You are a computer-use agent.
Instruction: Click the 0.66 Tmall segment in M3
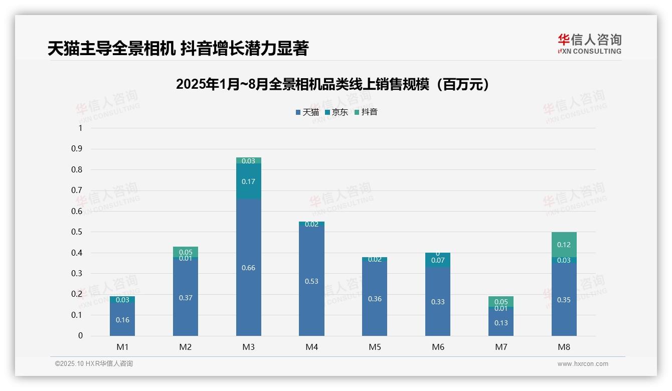coord(248,267)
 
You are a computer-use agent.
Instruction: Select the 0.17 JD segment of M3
coord(248,181)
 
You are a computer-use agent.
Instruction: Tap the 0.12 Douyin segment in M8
coord(564,245)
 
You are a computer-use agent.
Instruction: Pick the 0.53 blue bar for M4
coord(311,281)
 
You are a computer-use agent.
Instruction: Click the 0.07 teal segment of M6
coord(438,261)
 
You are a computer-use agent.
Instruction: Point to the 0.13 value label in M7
coord(501,323)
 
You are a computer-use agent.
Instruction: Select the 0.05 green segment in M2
coord(186,252)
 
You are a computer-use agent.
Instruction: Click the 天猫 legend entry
coord(307,112)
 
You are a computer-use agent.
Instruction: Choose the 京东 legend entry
coord(336,112)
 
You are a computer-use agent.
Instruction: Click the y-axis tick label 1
coord(80,128)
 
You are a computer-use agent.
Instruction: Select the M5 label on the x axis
coord(375,347)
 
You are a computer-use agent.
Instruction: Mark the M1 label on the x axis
coord(122,347)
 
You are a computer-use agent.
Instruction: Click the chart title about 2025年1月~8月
coord(332,84)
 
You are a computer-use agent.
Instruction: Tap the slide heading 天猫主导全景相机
coord(178,48)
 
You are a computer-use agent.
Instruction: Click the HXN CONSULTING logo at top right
coord(589,44)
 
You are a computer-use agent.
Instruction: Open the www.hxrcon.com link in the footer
coord(582,364)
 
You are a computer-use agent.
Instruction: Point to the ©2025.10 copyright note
coord(94,364)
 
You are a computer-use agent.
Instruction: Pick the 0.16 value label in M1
coord(122,320)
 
